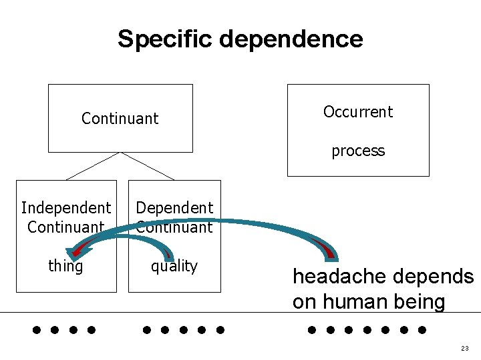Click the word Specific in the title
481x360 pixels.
(165, 39)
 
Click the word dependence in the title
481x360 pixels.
(291, 38)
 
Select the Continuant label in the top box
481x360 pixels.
(120, 118)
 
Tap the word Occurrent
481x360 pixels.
(358, 111)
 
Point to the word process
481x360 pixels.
(358, 151)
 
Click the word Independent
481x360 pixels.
(66, 208)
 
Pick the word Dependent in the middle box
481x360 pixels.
(174, 208)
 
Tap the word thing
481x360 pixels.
(65, 265)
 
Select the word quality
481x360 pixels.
(174, 266)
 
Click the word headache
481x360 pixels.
(340, 276)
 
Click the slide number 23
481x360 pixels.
(465, 348)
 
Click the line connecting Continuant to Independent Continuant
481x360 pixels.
(92, 166)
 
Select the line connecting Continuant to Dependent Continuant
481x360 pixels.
(148, 166)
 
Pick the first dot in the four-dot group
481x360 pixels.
(37, 330)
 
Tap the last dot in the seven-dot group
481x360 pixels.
(422, 330)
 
